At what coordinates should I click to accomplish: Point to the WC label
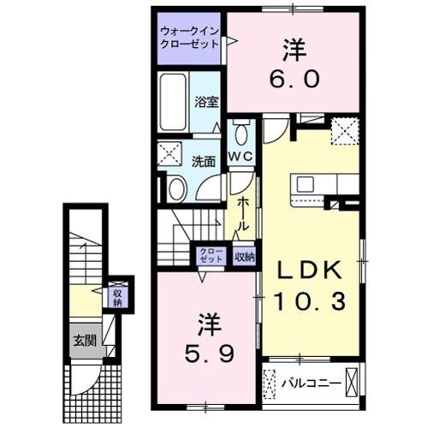pyautogui.click(x=239, y=156)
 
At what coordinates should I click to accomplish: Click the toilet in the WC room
pyautogui.click(x=241, y=134)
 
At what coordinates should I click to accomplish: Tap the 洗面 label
pyautogui.click(x=202, y=159)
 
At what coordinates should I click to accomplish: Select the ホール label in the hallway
pyautogui.click(x=243, y=211)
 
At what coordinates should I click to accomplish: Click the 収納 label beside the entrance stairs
pyautogui.click(x=117, y=297)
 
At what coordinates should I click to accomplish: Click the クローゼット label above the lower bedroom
pyautogui.click(x=211, y=255)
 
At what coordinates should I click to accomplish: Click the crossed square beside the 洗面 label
pyautogui.click(x=169, y=157)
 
